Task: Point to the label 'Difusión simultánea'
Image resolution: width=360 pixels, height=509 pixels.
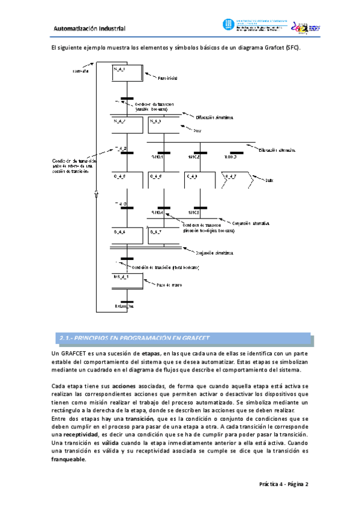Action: point(215,117)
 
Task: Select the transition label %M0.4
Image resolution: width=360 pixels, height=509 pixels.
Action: point(157,212)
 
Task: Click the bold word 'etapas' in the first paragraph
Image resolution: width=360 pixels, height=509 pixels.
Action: point(146,355)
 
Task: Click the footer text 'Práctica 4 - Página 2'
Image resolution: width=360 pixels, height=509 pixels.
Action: point(283,484)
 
